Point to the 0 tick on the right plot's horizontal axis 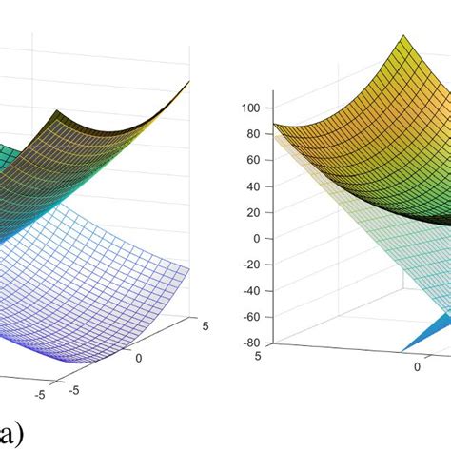click(416, 366)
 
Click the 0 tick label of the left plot click(141, 358)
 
